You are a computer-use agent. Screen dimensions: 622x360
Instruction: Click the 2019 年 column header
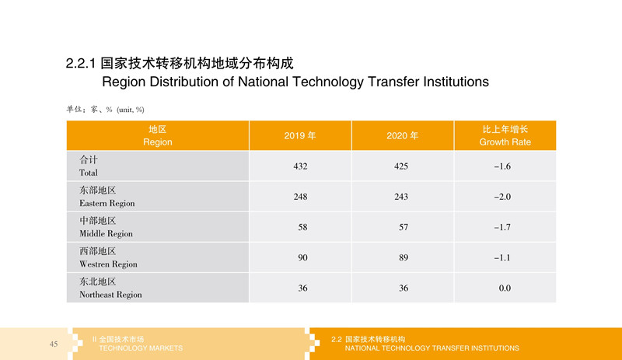(300, 136)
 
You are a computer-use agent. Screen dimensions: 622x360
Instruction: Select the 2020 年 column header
(402, 136)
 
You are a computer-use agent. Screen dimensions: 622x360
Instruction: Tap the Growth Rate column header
(505, 136)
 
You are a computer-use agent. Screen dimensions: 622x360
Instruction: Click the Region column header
(158, 136)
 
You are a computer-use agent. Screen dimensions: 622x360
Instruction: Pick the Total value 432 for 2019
(300, 166)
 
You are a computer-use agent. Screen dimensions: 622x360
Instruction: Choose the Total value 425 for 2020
(401, 166)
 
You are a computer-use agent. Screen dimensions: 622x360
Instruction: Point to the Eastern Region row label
(107, 197)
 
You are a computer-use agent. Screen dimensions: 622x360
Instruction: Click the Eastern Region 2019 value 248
(300, 197)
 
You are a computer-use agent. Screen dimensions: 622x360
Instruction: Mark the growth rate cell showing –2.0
(502, 197)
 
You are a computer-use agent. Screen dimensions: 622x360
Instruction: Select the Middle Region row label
(106, 227)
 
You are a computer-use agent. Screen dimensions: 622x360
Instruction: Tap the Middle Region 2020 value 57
(404, 228)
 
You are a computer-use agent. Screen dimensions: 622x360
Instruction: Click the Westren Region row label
(108, 257)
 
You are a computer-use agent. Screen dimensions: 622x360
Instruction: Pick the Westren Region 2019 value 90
(302, 258)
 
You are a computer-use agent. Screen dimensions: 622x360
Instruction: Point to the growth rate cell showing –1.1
(502, 258)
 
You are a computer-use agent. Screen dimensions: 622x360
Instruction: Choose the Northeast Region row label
(110, 288)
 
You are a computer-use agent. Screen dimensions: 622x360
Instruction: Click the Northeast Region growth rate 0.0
(505, 288)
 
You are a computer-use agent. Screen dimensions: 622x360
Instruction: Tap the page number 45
(54, 344)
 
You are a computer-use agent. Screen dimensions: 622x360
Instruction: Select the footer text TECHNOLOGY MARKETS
(141, 348)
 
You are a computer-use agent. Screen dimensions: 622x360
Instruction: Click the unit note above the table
(105, 110)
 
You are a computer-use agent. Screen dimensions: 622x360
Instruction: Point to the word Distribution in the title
(183, 82)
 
